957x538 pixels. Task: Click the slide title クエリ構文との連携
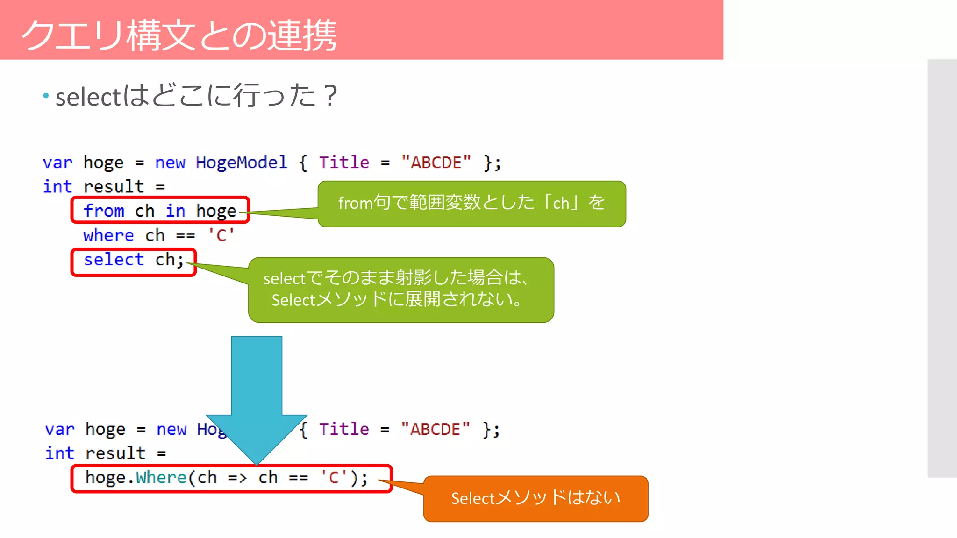(x=179, y=35)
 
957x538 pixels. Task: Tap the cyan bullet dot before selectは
(x=46, y=96)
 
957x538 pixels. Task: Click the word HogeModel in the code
(x=241, y=163)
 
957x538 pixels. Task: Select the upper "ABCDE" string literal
(x=436, y=163)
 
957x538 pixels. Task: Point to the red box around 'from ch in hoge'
(x=160, y=210)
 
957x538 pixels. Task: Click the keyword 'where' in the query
(x=108, y=235)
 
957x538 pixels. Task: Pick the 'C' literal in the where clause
(x=221, y=235)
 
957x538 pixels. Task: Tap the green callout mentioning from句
(x=471, y=204)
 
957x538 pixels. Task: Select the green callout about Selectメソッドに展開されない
(x=401, y=290)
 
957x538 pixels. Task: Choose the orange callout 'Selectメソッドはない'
(x=536, y=498)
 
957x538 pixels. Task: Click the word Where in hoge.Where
(x=161, y=478)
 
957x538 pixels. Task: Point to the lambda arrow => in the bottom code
(x=237, y=478)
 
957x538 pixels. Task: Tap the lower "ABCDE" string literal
(x=435, y=429)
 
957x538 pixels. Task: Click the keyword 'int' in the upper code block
(x=57, y=187)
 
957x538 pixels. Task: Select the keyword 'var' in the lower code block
(x=59, y=429)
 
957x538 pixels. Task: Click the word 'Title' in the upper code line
(x=344, y=163)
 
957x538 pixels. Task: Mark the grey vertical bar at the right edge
(x=942, y=269)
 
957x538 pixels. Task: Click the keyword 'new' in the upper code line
(x=170, y=163)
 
